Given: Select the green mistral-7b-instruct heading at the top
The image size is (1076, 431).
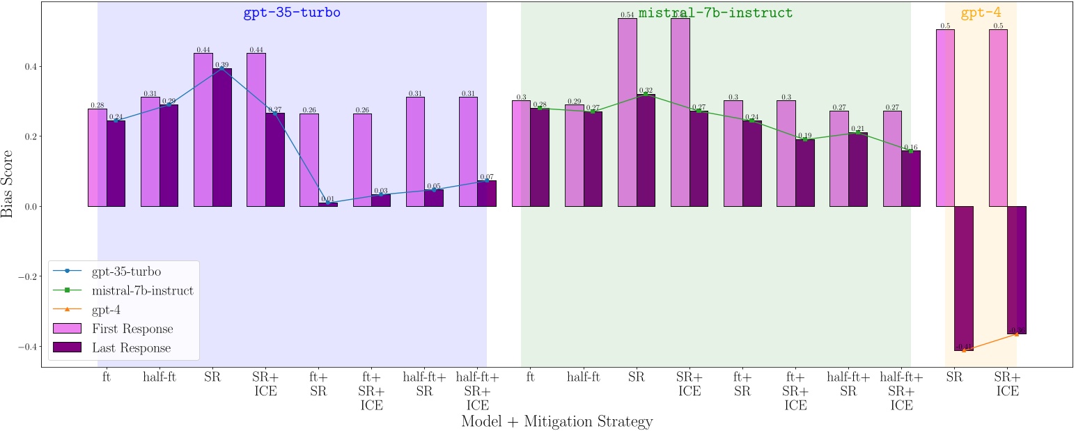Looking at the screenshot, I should point(715,13).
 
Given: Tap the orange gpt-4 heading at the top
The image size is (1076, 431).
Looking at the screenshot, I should point(981,13).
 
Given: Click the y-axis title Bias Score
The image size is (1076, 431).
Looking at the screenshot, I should point(8,182).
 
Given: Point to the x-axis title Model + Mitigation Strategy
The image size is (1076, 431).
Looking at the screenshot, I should point(556,421).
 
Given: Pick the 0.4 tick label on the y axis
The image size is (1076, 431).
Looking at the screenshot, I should point(30,67).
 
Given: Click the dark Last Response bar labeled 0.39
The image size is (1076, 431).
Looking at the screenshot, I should point(221,139).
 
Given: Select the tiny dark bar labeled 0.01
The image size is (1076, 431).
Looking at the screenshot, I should point(327,204).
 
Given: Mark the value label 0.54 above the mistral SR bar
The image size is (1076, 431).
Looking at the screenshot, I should point(627,15).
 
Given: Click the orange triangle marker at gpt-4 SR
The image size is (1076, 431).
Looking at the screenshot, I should point(964,350).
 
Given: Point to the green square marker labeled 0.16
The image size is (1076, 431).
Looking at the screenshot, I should point(910,150).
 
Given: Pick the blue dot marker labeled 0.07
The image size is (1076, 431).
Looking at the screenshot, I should point(486,181).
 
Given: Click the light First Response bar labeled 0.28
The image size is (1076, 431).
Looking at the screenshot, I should point(98,157).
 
